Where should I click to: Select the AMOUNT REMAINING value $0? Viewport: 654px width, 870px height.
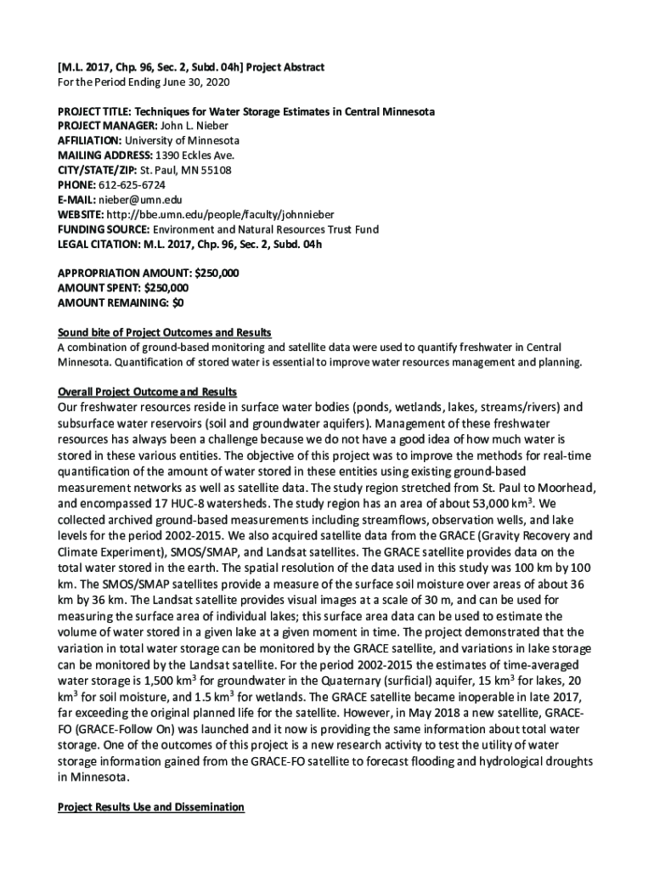[177, 302]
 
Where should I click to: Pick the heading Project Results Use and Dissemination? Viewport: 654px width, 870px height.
[150, 807]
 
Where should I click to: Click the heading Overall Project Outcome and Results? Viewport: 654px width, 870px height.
[146, 391]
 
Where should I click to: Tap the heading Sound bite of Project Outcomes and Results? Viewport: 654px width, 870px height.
[164, 331]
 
